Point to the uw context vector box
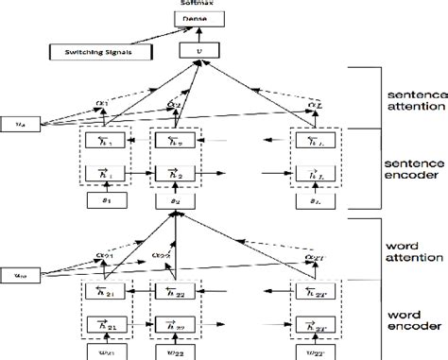click(16, 251)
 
